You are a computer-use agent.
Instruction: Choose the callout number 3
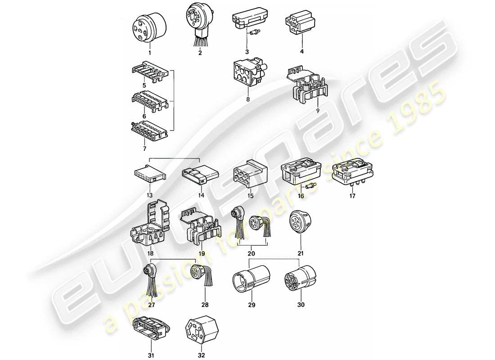[247, 51]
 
